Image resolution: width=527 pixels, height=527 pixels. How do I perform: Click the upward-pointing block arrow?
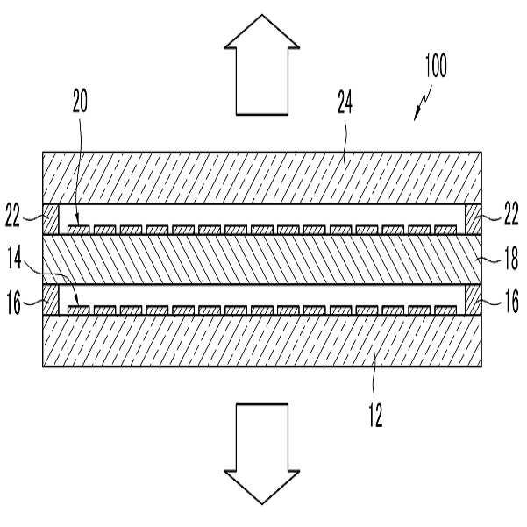(263, 79)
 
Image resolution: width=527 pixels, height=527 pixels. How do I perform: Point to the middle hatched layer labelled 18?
(263, 260)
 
